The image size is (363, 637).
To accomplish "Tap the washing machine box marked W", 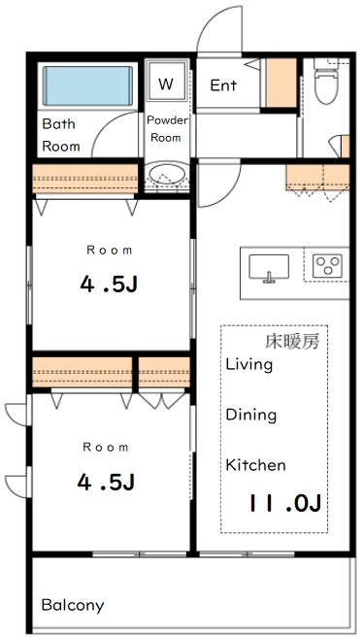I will click(166, 84).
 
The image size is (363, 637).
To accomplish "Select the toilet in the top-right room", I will click(327, 89).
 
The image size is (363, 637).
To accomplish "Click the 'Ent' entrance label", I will click(223, 85).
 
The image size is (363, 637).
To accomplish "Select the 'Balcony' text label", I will click(73, 605).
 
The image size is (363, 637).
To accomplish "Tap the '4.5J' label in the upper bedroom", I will click(107, 285).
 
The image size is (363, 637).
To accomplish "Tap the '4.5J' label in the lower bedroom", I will click(107, 483).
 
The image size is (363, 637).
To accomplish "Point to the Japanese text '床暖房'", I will click(293, 342).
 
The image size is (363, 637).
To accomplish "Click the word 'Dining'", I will click(251, 415).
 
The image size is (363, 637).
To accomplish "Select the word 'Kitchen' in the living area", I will click(255, 465).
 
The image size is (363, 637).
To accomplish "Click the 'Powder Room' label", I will click(166, 129).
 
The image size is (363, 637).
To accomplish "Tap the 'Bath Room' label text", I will click(60, 135).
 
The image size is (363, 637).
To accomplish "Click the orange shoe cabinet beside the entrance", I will click(281, 83).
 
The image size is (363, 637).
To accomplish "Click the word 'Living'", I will click(248, 365).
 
